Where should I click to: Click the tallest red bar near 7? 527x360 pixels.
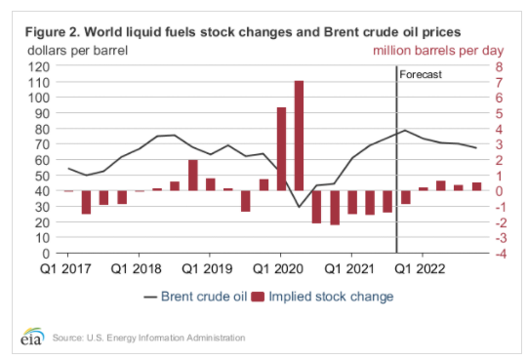(x=299, y=136)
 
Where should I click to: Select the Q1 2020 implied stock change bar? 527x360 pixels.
(x=281, y=149)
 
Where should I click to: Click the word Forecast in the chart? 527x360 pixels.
(x=421, y=74)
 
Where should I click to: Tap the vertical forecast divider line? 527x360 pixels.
(x=396, y=159)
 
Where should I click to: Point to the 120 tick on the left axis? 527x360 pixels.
(x=39, y=67)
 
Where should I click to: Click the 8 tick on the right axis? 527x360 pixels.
(x=499, y=67)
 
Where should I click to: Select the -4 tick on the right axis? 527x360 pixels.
(x=501, y=254)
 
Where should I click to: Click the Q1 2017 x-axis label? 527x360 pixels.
(x=65, y=269)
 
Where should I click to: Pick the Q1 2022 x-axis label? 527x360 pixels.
(x=420, y=269)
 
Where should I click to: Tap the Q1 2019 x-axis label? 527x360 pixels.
(x=207, y=269)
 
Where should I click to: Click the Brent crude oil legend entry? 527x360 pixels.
(x=195, y=297)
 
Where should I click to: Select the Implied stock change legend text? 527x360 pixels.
(x=331, y=297)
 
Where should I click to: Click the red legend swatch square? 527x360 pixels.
(x=258, y=297)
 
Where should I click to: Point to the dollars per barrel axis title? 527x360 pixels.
(x=78, y=51)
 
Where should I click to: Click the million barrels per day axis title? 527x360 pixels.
(x=438, y=51)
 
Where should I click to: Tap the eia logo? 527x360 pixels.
(x=32, y=337)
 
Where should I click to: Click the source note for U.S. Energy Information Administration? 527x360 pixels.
(x=148, y=338)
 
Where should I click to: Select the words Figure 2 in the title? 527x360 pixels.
(x=52, y=32)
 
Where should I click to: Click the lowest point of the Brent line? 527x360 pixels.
(x=300, y=207)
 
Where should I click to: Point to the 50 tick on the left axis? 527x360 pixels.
(x=42, y=176)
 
